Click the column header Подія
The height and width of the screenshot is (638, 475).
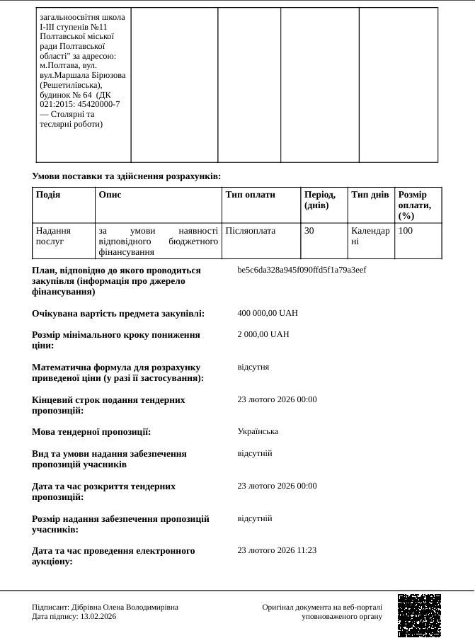(47, 195)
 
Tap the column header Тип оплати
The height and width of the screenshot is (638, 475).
(250, 195)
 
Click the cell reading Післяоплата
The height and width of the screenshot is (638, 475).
(251, 231)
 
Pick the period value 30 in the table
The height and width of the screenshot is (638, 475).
(309, 231)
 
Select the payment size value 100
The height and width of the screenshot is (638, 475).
(405, 231)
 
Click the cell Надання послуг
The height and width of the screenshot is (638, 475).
(53, 236)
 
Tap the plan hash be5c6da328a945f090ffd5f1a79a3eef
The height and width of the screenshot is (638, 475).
(302, 270)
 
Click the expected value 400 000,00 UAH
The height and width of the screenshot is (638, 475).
(268, 313)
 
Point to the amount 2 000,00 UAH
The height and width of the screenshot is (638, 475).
(263, 334)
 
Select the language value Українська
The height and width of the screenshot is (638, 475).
(258, 431)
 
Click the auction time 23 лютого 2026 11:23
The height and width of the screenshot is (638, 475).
(277, 550)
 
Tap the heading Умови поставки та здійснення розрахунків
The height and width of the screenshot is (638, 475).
(126, 176)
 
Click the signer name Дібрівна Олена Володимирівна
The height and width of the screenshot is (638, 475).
(125, 607)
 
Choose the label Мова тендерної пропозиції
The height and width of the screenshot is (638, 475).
(91, 432)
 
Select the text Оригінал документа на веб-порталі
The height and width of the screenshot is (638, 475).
(321, 607)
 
